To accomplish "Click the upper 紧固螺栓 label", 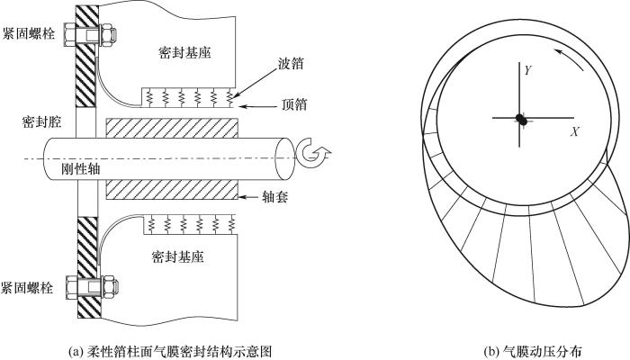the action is pos(28,33).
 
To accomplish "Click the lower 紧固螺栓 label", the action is pos(27,288).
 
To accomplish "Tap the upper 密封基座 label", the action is pos(184,53).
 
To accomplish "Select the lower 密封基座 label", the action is pos(177,256).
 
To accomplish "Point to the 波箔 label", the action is pos(291,64).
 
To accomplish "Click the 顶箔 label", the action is pos(294,104).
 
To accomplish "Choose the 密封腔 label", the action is pos(41,121).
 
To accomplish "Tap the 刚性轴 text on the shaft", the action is pos(81,169).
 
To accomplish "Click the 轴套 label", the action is pos(275,196).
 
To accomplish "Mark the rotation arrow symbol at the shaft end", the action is pos(313,154).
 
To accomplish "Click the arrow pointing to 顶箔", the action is pos(256,106).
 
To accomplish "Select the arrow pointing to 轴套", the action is pos(248,197).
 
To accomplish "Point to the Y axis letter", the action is pos(528,71).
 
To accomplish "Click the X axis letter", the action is pos(575,131).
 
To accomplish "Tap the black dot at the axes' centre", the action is pos(521,119).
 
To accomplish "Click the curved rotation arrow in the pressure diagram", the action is pos(570,59).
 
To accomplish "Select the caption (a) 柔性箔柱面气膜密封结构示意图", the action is pos(170,351).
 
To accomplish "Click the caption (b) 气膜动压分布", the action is pos(533,351).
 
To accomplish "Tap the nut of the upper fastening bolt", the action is pos(108,34).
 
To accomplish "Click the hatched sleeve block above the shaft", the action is pos(172,128).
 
